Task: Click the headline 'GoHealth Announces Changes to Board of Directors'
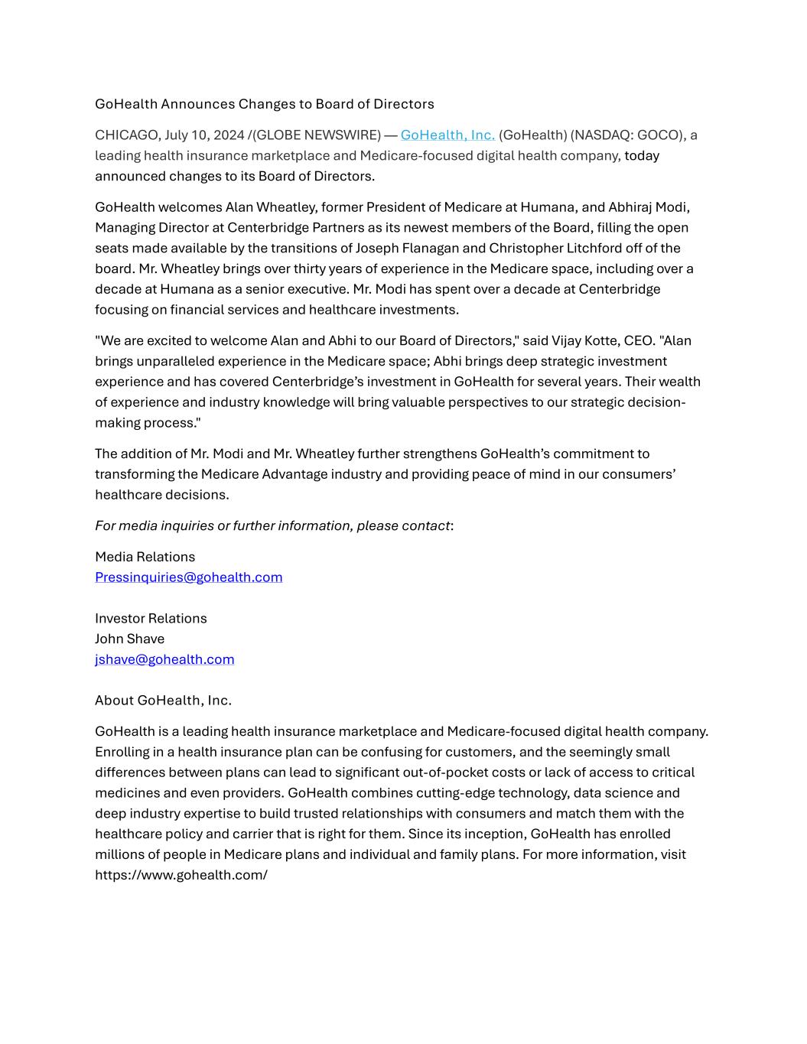(264, 104)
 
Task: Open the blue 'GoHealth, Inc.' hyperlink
(447, 135)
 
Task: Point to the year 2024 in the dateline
(229, 135)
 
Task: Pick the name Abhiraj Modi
(648, 207)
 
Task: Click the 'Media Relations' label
(145, 557)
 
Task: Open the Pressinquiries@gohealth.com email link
(188, 577)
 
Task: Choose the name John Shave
(129, 639)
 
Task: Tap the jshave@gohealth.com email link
(164, 659)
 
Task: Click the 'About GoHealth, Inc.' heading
(163, 701)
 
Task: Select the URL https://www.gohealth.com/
(181, 875)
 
